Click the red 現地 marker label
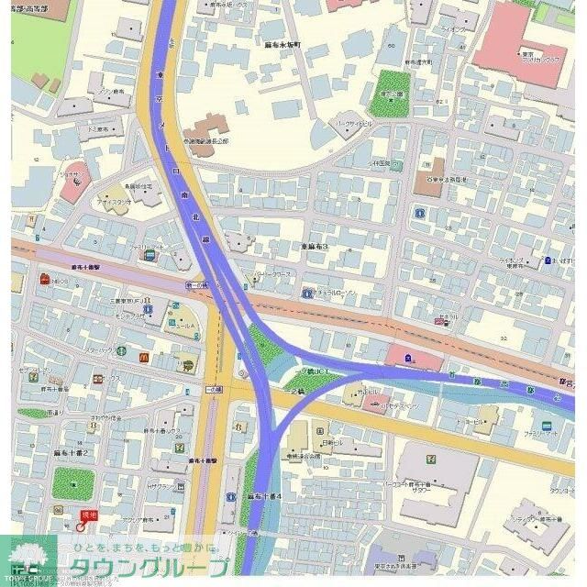click(x=89, y=515)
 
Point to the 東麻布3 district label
click(x=314, y=247)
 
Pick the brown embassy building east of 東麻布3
click(x=428, y=176)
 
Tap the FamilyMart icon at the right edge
click(x=547, y=426)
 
